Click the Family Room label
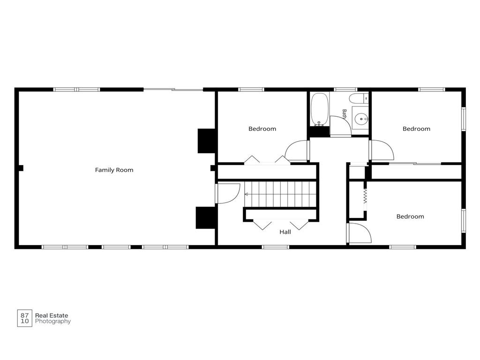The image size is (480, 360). [x=114, y=170]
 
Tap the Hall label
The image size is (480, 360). [x=285, y=232]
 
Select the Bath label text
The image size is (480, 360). [x=345, y=114]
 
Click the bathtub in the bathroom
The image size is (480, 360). [x=320, y=109]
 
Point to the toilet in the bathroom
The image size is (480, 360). [x=359, y=98]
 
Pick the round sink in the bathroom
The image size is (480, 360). [x=361, y=118]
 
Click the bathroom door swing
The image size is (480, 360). [x=340, y=125]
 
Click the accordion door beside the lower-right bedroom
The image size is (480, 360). [x=365, y=196]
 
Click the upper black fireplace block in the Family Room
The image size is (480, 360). [x=206, y=141]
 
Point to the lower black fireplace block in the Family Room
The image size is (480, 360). [x=205, y=217]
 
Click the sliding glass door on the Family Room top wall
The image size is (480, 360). [x=173, y=90]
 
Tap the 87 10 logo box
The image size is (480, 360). [x=24, y=318]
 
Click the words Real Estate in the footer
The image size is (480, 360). [x=52, y=315]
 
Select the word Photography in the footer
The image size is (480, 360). [x=53, y=322]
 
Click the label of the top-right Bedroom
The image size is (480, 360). [x=416, y=129]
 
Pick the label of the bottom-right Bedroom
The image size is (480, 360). [x=410, y=217]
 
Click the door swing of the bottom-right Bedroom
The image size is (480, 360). [x=360, y=233]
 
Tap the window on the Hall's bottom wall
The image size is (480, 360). [x=276, y=247]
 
